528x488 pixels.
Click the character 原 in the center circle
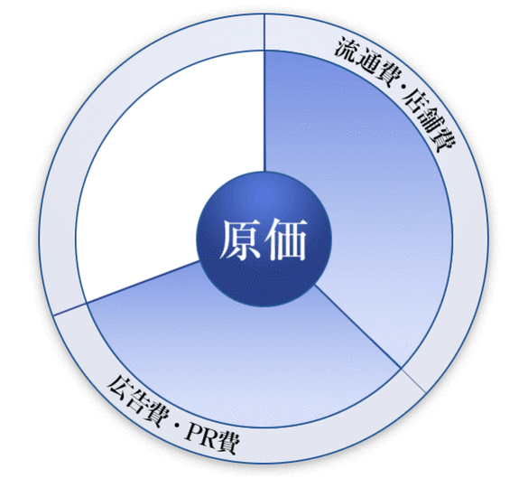click(240, 239)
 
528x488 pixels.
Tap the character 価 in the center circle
click(286, 239)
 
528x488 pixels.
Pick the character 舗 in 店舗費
click(431, 118)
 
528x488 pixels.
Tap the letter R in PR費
click(212, 440)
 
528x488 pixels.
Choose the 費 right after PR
click(229, 444)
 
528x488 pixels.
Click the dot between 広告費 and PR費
click(176, 426)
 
